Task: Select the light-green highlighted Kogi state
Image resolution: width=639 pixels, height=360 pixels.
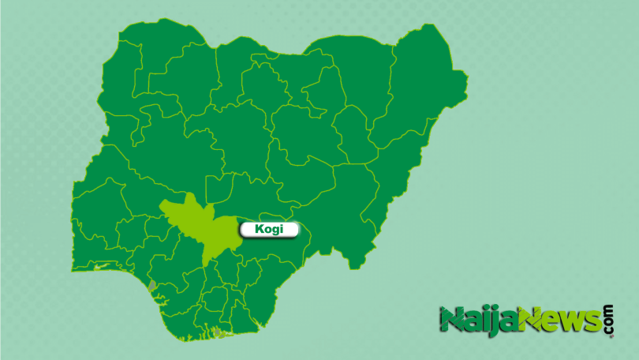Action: (202, 228)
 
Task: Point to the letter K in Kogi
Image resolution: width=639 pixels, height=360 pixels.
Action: (260, 230)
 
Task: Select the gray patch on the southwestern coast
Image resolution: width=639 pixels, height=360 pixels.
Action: (152, 284)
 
